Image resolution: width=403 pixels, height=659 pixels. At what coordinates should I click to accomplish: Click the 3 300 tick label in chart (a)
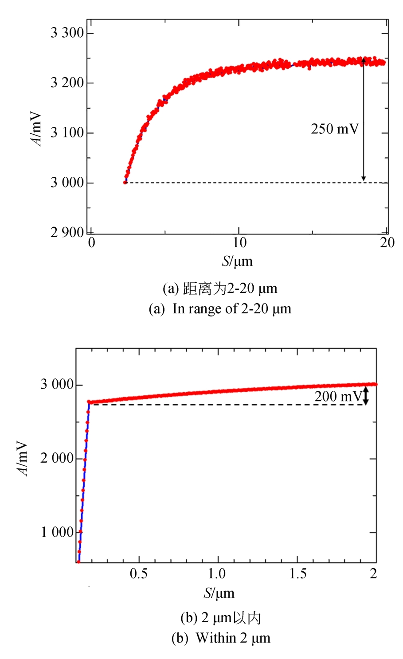click(x=67, y=33)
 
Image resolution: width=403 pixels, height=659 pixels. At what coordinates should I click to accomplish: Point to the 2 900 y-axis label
click(x=67, y=232)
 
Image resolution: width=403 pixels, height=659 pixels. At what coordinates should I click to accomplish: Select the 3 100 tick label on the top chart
click(x=67, y=133)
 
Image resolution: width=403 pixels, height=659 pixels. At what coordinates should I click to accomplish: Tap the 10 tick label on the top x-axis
click(x=239, y=242)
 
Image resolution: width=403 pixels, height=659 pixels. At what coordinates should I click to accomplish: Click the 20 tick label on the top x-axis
click(x=387, y=242)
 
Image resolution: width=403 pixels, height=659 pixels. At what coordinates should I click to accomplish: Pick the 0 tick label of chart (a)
click(x=91, y=242)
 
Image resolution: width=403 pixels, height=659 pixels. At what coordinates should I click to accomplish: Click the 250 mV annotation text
click(x=335, y=129)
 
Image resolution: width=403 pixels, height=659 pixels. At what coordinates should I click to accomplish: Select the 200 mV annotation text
click(x=338, y=396)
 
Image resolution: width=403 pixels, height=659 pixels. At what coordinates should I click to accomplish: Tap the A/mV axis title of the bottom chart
click(x=23, y=458)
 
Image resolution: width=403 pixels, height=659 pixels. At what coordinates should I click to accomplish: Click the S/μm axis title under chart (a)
click(x=237, y=261)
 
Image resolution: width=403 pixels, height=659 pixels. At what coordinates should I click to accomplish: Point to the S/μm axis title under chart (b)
click(x=219, y=593)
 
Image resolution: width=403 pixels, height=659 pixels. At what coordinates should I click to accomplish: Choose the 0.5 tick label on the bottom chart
click(x=139, y=574)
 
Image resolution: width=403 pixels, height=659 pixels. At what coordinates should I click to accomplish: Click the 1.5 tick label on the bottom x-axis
click(x=298, y=574)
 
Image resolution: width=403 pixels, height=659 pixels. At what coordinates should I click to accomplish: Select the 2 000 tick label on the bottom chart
click(x=57, y=458)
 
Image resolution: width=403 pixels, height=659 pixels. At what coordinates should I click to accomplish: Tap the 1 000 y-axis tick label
click(x=57, y=532)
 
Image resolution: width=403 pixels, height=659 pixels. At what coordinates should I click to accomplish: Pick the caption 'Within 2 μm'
click(x=220, y=638)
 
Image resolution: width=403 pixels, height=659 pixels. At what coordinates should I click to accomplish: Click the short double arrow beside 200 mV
click(x=366, y=396)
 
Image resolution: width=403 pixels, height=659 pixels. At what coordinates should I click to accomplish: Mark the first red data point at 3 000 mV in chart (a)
click(x=125, y=182)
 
